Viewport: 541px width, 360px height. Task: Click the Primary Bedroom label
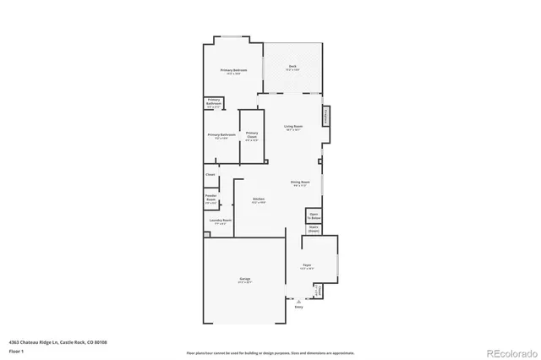(233, 72)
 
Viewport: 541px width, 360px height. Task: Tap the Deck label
(292, 67)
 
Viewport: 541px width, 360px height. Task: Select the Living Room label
(293, 128)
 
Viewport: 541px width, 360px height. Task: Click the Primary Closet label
(252, 135)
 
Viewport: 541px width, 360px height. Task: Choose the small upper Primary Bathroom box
(214, 104)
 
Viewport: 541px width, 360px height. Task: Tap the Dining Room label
(299, 183)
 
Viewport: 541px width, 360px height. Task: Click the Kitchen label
(259, 200)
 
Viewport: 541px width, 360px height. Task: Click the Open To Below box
(313, 216)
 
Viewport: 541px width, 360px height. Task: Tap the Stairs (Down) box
(313, 228)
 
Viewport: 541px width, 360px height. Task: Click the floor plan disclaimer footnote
(270, 352)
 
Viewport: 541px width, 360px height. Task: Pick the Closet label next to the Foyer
(319, 291)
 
